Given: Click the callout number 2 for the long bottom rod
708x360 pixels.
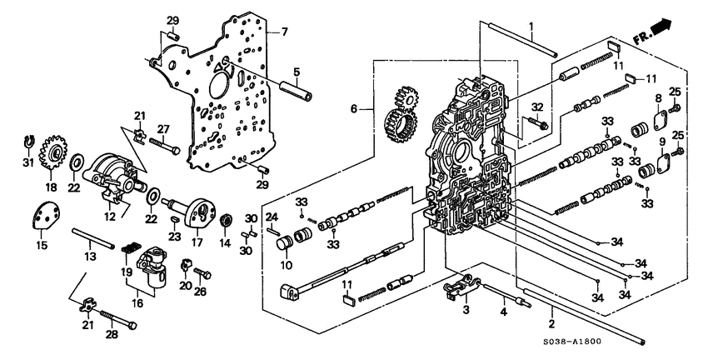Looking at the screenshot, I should tap(551, 322).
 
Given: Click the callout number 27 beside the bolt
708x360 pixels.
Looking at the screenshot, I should tap(163, 128).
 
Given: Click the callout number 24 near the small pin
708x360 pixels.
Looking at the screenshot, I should tap(271, 217).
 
